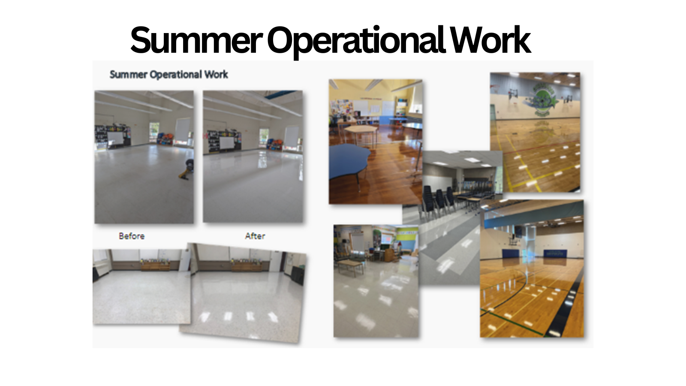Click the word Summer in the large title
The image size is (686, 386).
(196, 40)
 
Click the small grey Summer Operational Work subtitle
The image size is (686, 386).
(169, 75)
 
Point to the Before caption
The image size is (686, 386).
(132, 236)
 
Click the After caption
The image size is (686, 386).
(255, 236)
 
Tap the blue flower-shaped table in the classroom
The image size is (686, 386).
(349, 161)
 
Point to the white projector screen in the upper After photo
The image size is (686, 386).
(226, 144)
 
